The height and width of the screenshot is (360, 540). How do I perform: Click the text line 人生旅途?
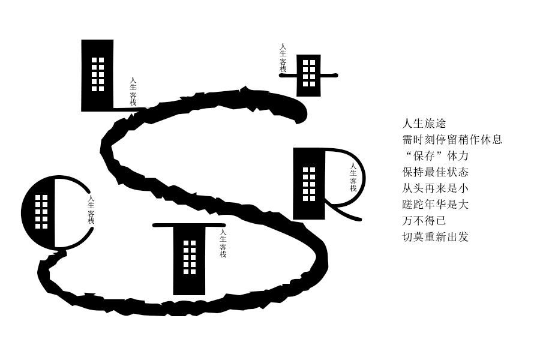pos(424,124)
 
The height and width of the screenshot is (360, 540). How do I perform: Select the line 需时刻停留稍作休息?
pos(452,140)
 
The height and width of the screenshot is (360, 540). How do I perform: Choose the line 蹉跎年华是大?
pos(435,205)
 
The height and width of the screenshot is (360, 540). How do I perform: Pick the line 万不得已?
pos(424,221)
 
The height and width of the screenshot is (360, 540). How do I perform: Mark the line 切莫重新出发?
pos(435,237)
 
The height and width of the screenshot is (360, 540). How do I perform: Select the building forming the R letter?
pos(308,183)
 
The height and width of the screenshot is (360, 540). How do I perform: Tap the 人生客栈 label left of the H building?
pos(283,58)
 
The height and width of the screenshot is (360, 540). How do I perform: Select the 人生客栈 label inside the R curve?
pos(353,178)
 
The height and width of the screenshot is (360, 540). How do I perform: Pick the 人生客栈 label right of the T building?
pos(223,243)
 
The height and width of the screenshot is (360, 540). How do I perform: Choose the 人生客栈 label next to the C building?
pos(91,209)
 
